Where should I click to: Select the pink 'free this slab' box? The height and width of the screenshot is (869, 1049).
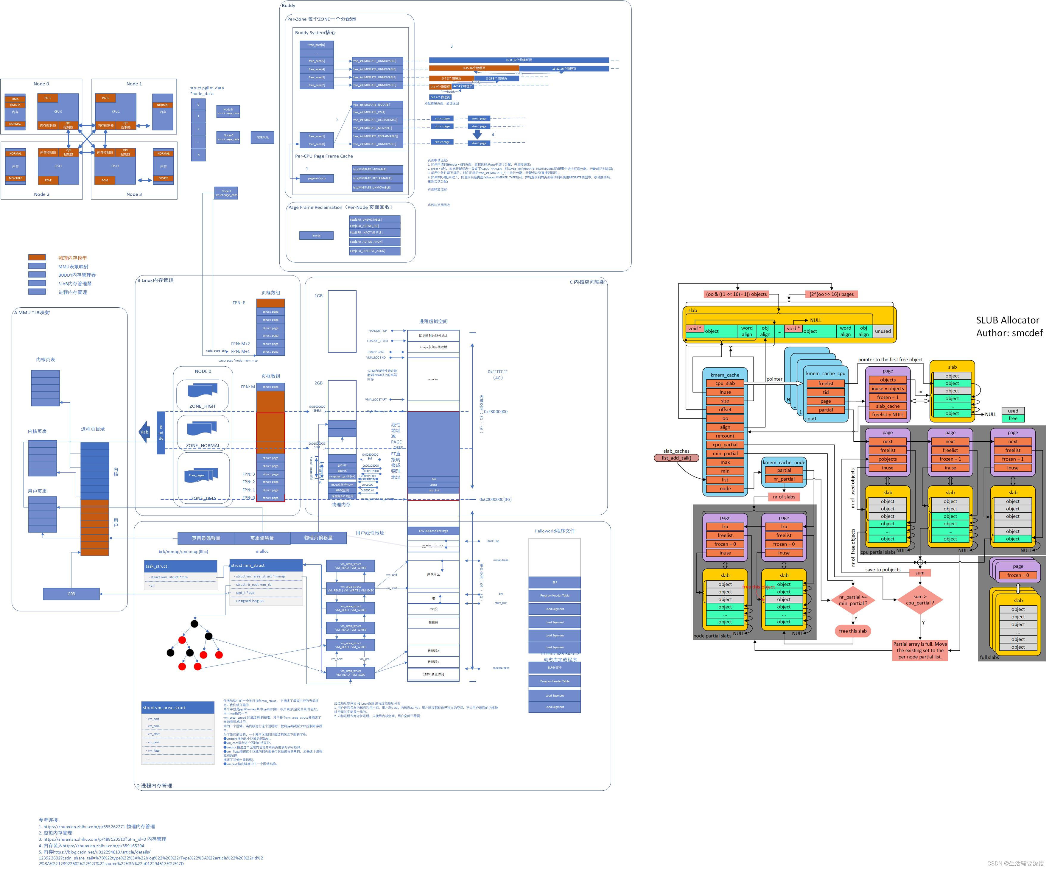click(853, 631)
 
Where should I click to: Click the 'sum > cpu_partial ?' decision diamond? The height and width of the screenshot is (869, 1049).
click(920, 599)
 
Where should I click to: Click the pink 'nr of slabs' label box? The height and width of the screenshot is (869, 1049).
click(784, 496)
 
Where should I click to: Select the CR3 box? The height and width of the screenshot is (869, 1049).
click(71, 594)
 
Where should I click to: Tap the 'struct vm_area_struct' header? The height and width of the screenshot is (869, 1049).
click(178, 707)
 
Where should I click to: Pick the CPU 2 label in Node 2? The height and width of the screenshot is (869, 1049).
click(58, 166)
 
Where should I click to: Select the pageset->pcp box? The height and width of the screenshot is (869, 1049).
click(316, 178)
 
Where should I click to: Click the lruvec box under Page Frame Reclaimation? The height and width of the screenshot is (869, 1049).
click(316, 235)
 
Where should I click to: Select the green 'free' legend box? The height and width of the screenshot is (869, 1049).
click(1013, 418)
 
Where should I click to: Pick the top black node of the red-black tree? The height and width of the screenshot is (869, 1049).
click(194, 624)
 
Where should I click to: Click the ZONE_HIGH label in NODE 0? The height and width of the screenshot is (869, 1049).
click(202, 406)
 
